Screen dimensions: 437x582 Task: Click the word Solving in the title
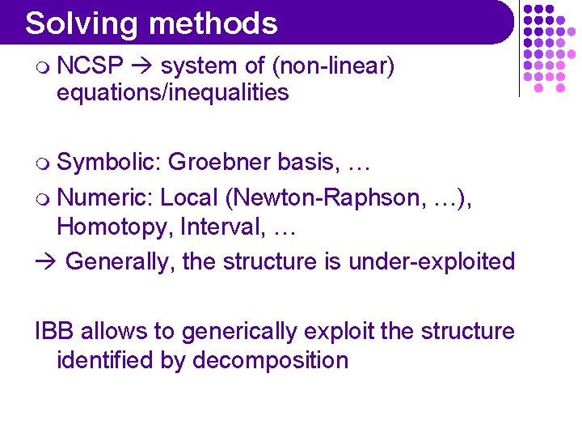coord(75,23)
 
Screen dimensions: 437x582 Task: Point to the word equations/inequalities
coord(172,92)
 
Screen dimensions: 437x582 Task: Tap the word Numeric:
coord(106,197)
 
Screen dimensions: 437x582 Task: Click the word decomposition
coord(270,360)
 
